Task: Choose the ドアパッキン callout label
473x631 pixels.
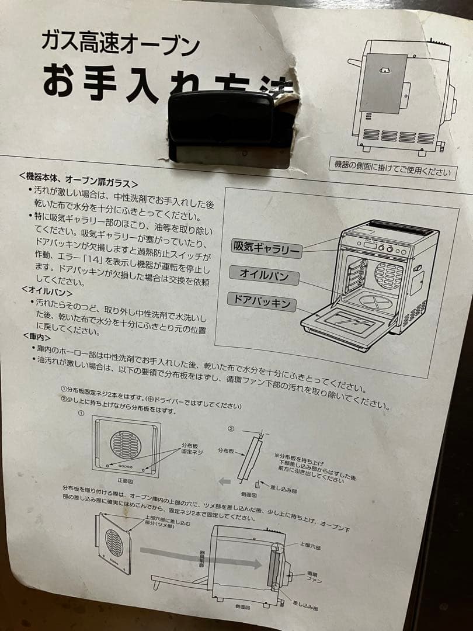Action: (x=262, y=303)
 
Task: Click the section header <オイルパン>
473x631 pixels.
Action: (x=47, y=290)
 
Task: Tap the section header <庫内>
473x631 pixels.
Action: (x=36, y=337)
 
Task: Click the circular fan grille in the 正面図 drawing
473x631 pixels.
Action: (x=125, y=444)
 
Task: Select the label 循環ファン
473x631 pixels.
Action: (x=314, y=578)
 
